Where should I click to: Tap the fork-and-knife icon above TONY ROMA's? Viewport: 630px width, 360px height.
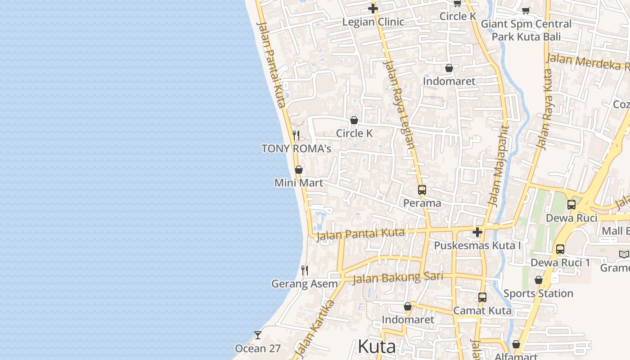296,135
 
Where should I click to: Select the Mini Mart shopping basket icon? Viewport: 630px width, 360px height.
298,170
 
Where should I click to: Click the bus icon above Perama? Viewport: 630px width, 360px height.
422,190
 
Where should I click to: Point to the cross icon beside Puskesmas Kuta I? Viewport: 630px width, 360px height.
477,232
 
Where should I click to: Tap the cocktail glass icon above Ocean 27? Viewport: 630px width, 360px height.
258,335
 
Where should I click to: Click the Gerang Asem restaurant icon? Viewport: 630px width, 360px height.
305,270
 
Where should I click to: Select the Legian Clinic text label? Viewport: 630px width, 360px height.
373,22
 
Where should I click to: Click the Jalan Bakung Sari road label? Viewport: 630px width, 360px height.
397,278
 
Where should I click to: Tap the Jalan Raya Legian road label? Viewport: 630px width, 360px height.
399,104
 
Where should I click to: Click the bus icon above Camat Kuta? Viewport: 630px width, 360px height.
482,297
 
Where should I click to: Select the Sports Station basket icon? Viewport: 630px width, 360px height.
538,280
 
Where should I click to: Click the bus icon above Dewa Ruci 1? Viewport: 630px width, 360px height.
560,249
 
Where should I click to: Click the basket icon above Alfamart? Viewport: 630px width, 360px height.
516,344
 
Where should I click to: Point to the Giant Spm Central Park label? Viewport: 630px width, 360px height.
526,30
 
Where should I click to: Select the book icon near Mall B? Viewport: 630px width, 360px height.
624,255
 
